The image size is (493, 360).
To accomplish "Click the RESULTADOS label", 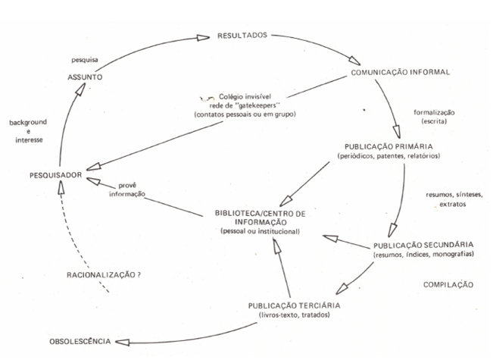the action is point(242,36).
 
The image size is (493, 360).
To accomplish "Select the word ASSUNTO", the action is point(85,77).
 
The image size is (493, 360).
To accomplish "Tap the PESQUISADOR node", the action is point(55,175).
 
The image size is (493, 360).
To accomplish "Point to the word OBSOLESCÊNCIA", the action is point(80,342).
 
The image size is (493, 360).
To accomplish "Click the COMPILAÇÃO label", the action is point(448,285).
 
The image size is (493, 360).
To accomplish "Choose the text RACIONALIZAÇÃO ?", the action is point(104,275).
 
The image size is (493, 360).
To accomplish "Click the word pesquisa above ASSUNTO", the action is point(85,60).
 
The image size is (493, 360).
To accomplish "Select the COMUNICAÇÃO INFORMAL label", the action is point(401,72).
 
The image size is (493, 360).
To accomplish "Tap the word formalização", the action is point(434,112).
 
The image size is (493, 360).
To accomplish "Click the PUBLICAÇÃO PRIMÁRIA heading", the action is point(388,146).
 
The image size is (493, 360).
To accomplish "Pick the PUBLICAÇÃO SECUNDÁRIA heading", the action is point(423,245).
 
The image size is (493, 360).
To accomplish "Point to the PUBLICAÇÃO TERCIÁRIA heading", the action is point(294,306).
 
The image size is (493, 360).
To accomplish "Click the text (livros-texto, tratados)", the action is point(294,315).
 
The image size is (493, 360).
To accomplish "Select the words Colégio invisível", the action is point(245,96).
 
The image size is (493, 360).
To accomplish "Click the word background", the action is point(28,122).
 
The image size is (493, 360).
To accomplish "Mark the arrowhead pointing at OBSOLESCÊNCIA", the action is point(123,342).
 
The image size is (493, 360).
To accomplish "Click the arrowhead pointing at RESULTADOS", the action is point(203,38).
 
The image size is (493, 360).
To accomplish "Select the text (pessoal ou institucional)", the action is point(260,232).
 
